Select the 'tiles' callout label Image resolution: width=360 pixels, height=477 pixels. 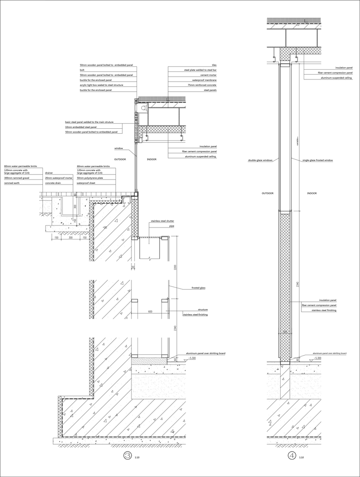coord(214,65)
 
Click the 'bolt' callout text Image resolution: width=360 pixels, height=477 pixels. coord(82,70)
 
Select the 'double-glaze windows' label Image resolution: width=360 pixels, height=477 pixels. coord(260,160)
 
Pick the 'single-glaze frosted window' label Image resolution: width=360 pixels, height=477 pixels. coord(318,160)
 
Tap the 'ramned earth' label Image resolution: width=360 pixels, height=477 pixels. coord(11,183)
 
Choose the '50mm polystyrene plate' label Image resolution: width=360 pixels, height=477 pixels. coord(90,178)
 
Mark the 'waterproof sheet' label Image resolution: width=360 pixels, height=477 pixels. coord(86,183)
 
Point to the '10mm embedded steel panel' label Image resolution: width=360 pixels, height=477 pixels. coord(81,127)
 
